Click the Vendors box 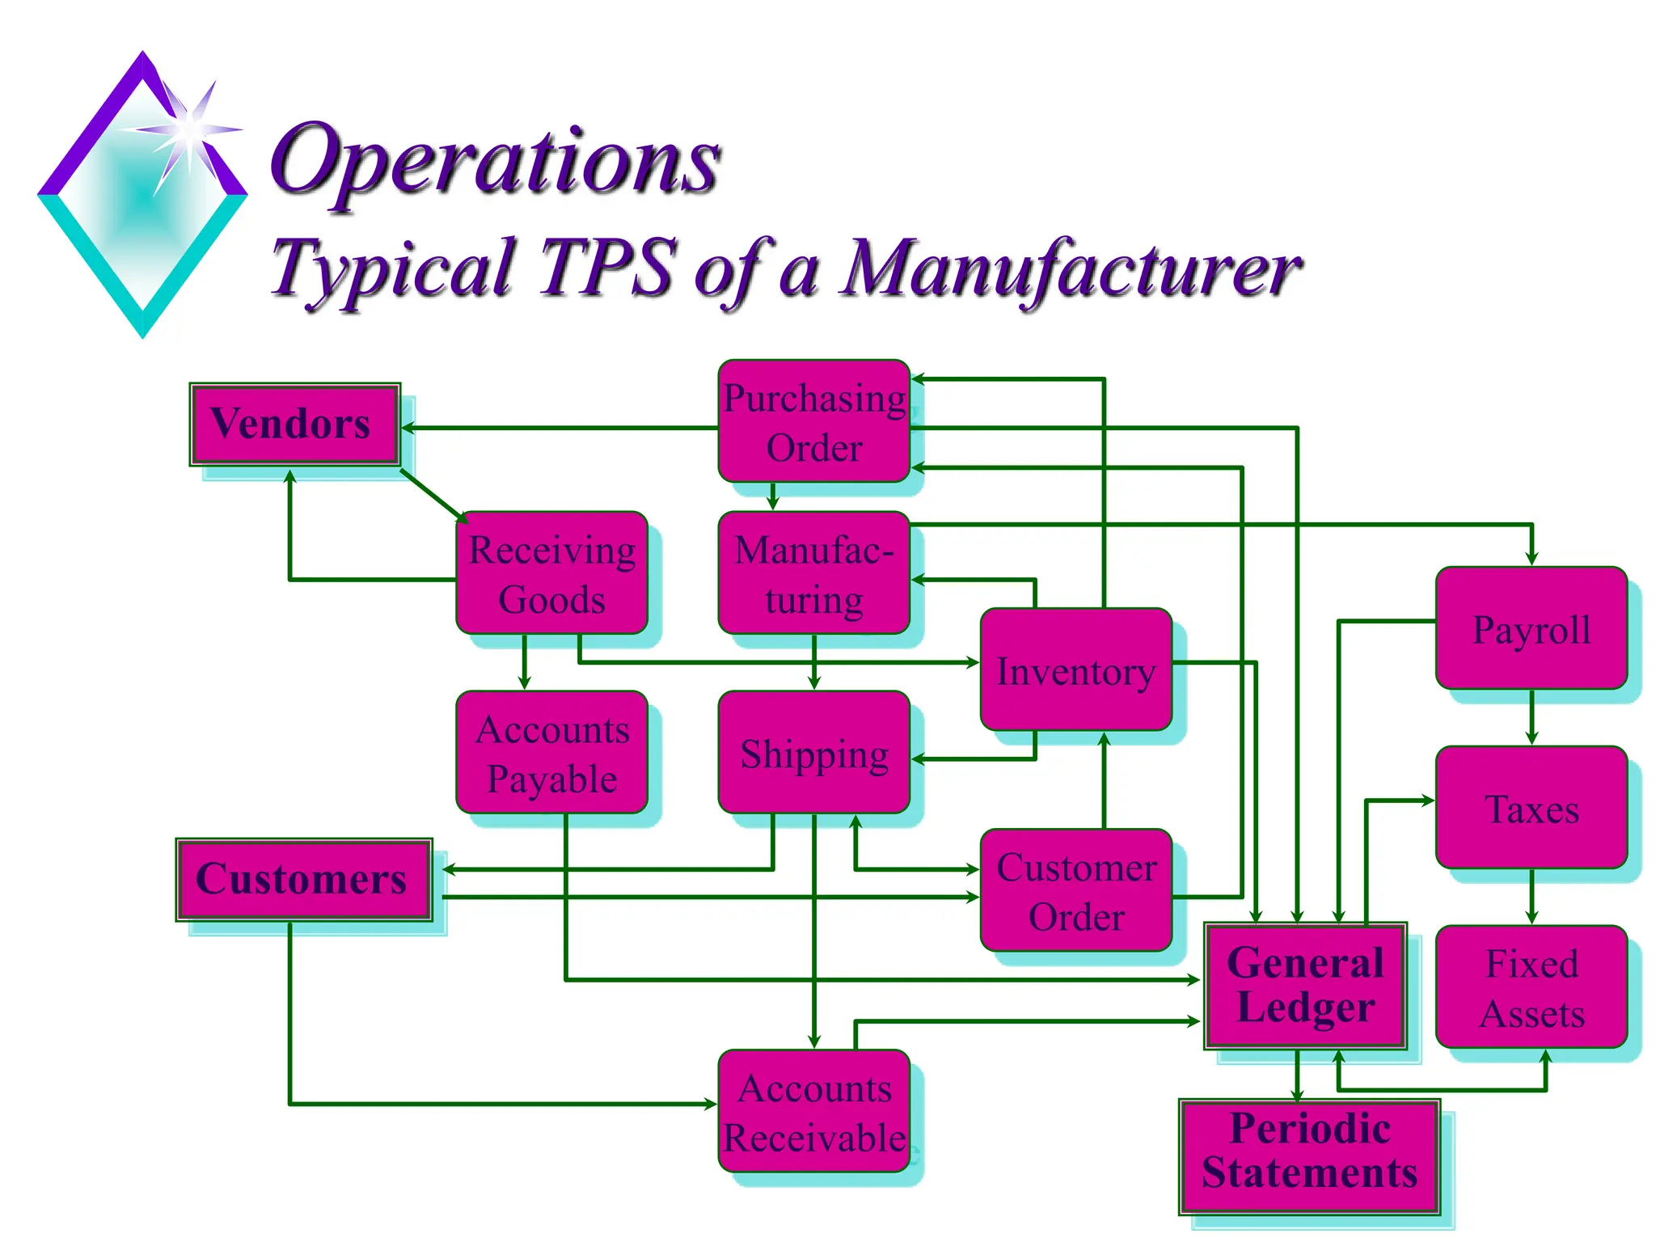(294, 425)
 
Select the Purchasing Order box (813, 422)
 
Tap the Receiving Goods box (551, 573)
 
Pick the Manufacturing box (813, 573)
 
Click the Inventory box (1075, 670)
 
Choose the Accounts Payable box (551, 753)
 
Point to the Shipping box (813, 753)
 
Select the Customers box (303, 880)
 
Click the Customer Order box (1075, 890)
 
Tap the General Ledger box (1305, 986)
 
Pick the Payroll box (1531, 629)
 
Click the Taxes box (1531, 808)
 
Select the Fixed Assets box (1531, 987)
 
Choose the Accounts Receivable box (813, 1112)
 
